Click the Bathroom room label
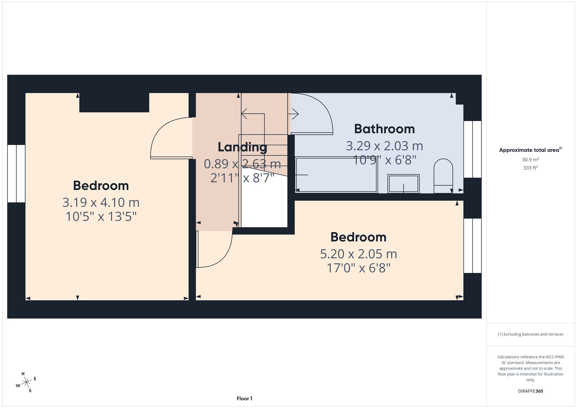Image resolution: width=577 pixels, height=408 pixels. (384, 129)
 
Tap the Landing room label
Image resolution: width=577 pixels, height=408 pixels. (242, 147)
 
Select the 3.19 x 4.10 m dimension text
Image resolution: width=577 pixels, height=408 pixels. (101, 202)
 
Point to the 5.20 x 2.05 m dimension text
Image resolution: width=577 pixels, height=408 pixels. (359, 254)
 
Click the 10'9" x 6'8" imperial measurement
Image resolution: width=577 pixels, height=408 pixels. (385, 160)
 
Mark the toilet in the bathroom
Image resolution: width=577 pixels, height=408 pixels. (443, 176)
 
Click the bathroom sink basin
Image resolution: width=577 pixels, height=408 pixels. (403, 184)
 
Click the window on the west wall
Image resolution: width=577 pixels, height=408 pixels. (16, 174)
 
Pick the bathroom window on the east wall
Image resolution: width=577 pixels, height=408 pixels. (472, 149)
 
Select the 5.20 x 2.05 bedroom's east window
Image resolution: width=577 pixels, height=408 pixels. (472, 246)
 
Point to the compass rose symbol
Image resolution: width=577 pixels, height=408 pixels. (27, 382)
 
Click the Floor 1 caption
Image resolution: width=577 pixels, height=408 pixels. (244, 398)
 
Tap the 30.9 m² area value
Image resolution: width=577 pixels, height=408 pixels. (531, 159)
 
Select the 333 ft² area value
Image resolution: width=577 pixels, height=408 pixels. (531, 168)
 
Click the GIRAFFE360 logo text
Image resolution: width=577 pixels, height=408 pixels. (531, 391)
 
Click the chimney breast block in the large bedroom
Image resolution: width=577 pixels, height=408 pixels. (114, 102)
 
